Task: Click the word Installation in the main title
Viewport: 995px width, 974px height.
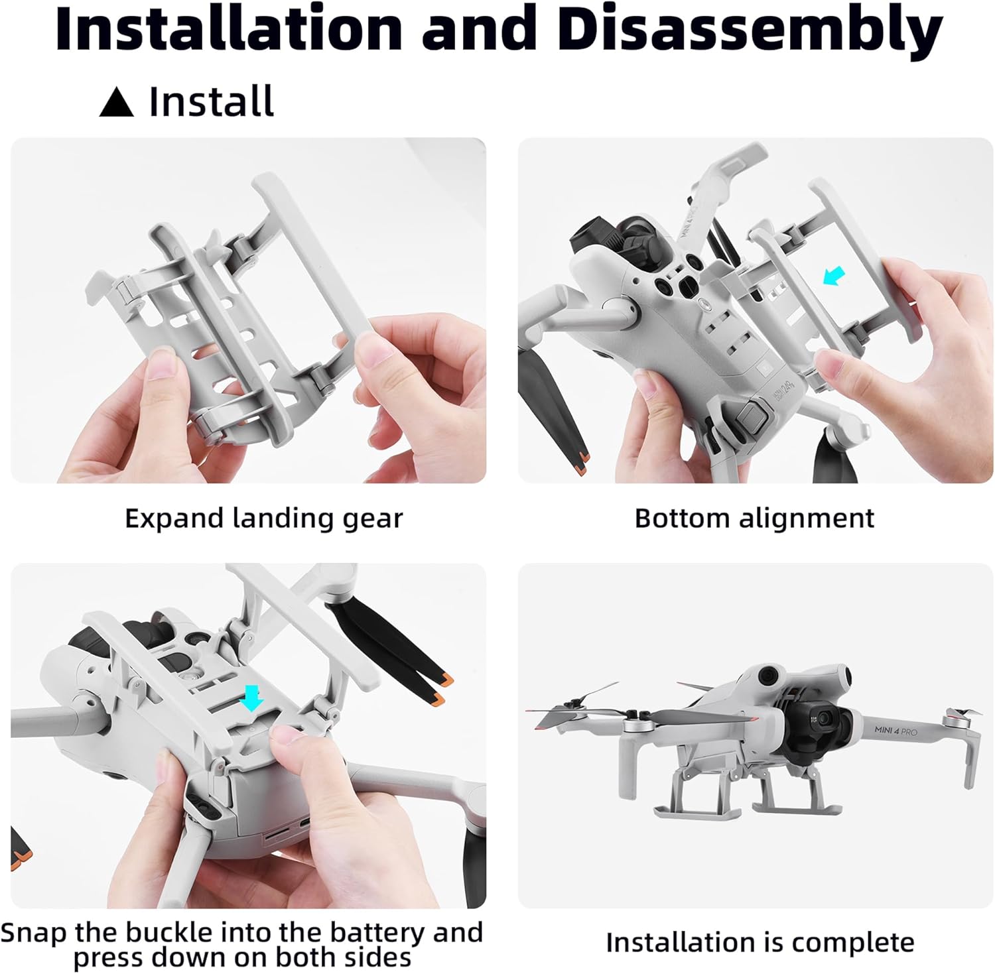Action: (x=229, y=29)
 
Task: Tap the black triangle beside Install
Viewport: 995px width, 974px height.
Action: (x=116, y=103)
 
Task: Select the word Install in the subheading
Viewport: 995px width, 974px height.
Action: (x=211, y=101)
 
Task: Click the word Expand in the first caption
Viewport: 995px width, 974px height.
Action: (x=174, y=519)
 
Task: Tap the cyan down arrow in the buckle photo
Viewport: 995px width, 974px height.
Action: (x=252, y=698)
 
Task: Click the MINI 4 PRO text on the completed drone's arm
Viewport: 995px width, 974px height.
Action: (x=895, y=731)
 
